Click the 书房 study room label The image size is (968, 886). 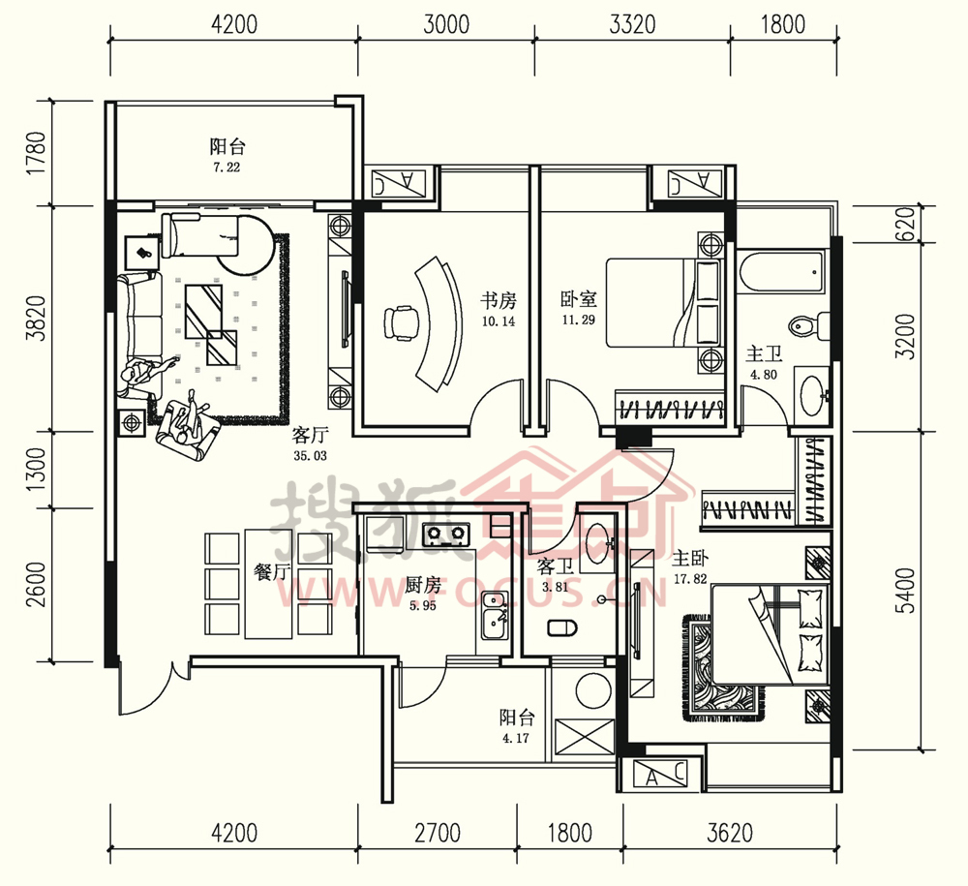pos(499,301)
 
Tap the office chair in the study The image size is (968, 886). pos(400,322)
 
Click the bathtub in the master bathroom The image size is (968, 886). pos(781,271)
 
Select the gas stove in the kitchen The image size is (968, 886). pos(445,534)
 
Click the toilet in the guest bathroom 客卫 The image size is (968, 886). pos(562,628)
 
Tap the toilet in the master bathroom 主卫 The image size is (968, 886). pos(809,325)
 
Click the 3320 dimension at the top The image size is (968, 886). pos(632,25)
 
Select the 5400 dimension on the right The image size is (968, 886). pos(907,591)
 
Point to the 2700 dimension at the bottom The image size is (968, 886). pos(438,833)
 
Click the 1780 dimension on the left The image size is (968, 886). pos(37,152)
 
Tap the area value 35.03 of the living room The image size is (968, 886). pos(310,456)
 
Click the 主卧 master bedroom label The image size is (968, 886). pos(690,559)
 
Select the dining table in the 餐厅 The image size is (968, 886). pos(268,584)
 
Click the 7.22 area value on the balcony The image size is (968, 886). pos(227,168)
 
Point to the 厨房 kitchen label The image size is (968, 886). pos(423,585)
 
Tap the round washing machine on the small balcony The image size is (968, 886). pos(593,691)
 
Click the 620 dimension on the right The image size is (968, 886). pos(905,224)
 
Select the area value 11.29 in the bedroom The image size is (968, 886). pos(578,320)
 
